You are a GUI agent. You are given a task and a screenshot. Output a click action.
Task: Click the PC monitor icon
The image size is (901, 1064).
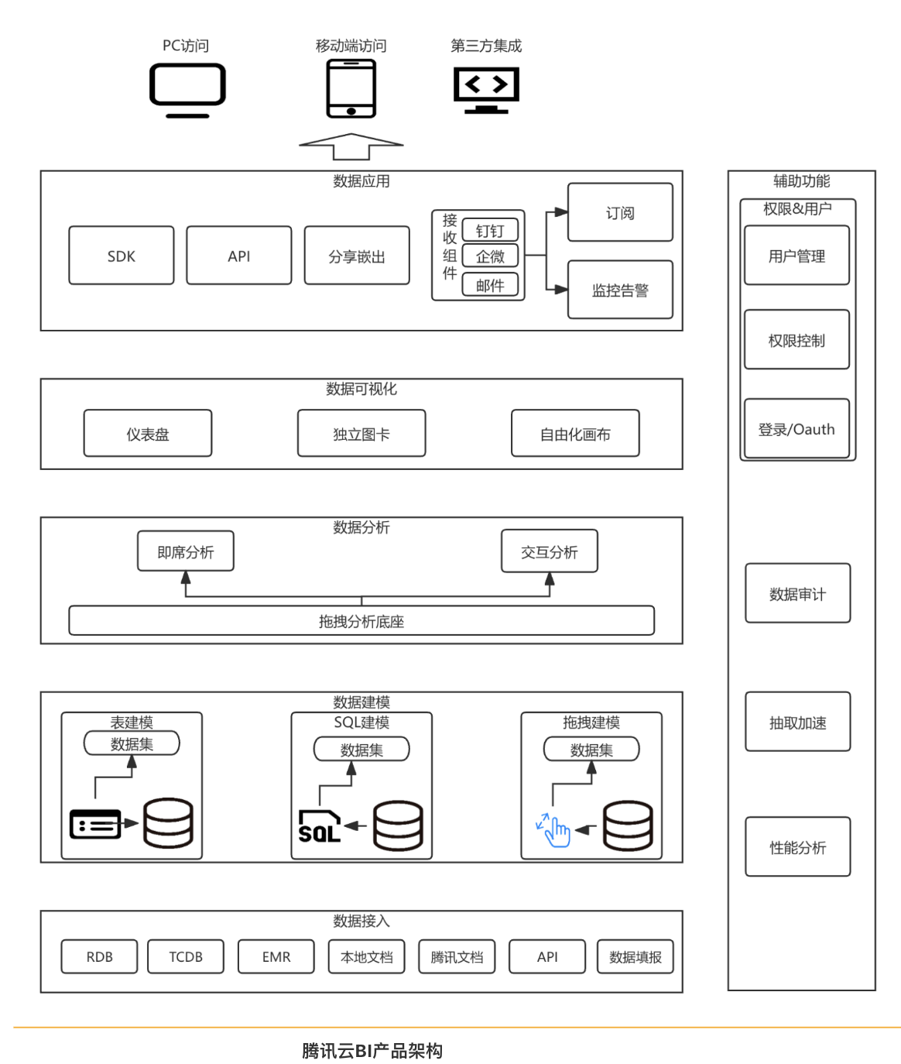tap(187, 89)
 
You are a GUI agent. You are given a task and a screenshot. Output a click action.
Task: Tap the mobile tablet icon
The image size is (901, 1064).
tap(351, 88)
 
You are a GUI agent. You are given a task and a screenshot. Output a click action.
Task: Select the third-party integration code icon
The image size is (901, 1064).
tap(486, 89)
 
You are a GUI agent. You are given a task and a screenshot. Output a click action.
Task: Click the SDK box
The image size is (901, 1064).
tap(122, 256)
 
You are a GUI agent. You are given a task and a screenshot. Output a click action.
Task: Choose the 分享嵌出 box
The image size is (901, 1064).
tap(357, 256)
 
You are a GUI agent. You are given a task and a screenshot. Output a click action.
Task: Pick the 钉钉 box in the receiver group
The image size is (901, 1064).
tap(490, 231)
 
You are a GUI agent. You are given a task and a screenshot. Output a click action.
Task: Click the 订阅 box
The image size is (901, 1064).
tap(620, 212)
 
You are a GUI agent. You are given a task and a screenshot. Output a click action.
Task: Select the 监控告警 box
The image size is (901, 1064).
tap(620, 290)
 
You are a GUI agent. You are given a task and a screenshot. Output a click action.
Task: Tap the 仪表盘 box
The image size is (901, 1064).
tap(148, 434)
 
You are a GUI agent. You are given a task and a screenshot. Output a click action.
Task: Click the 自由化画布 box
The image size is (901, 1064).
tap(575, 434)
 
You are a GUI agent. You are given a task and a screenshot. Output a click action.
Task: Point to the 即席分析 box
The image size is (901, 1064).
tap(186, 551)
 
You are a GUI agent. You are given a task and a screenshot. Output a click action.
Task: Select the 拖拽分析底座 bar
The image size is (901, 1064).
tap(361, 621)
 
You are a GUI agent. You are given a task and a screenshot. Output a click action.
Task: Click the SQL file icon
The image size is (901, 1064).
tap(320, 826)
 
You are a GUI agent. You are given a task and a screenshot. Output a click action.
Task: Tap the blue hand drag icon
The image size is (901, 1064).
tap(554, 830)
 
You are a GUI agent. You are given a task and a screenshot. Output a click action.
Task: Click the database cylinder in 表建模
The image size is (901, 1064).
tap(168, 822)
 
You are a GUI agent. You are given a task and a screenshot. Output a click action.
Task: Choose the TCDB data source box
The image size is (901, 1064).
tap(186, 956)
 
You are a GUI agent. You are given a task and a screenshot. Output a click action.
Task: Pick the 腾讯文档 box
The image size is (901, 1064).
tap(457, 956)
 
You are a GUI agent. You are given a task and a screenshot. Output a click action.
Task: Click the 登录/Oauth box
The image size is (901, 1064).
tap(797, 429)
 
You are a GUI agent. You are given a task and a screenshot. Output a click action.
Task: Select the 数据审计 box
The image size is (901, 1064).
tap(797, 593)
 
